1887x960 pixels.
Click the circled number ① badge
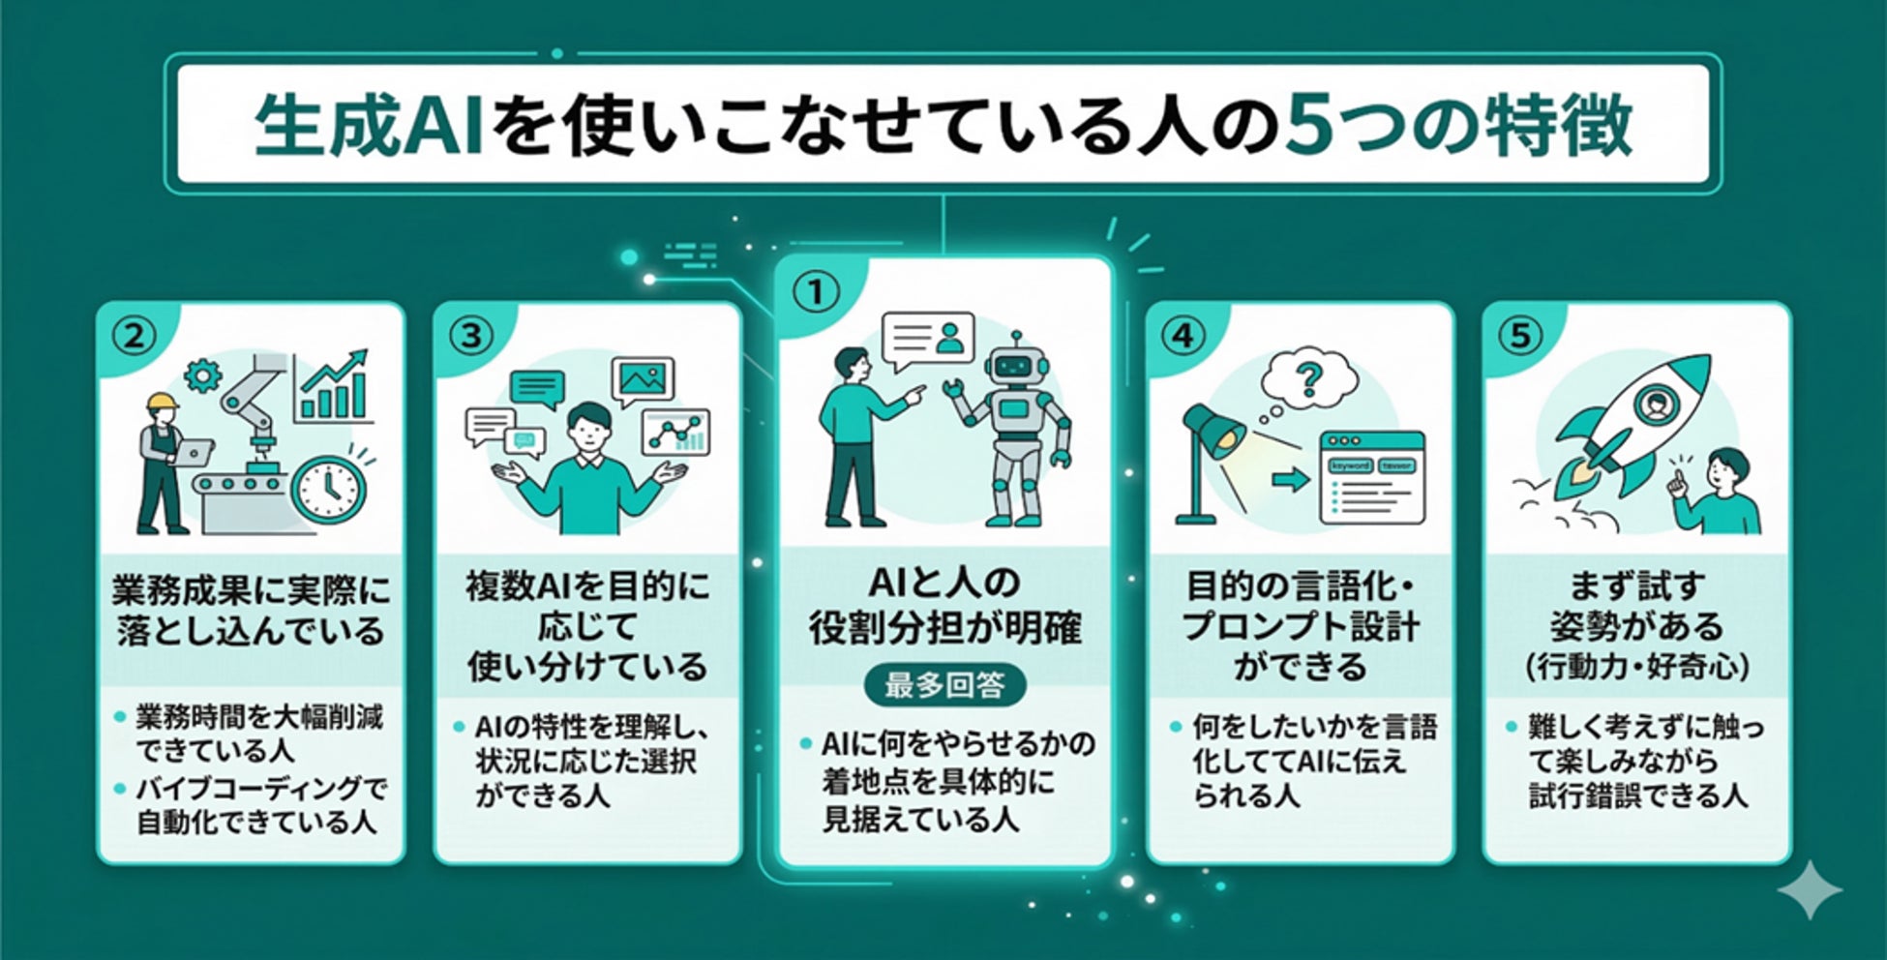pyautogui.click(x=816, y=292)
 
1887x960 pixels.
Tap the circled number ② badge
pyautogui.click(x=135, y=336)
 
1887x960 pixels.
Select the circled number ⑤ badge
pyautogui.click(x=1520, y=336)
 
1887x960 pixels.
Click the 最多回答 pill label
pyautogui.click(x=943, y=685)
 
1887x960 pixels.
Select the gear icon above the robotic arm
pyautogui.click(x=202, y=375)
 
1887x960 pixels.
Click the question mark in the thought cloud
pyautogui.click(x=1308, y=379)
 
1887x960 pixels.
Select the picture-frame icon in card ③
pyautogui.click(x=643, y=379)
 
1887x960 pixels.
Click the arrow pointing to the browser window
pyautogui.click(x=1289, y=479)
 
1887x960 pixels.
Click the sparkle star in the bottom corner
pyautogui.click(x=1810, y=888)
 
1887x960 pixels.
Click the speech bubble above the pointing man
pyautogui.click(x=927, y=341)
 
